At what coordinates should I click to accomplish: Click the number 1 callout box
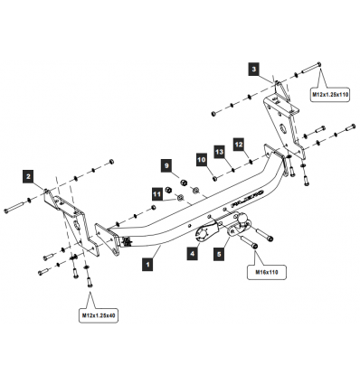pos(147,266)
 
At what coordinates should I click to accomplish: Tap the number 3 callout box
pos(254,69)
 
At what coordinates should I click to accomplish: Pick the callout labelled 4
pos(192,255)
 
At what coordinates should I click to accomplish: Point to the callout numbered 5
pos(218,255)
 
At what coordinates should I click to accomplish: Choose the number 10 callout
pos(202,159)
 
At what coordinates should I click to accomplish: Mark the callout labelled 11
pos(156,192)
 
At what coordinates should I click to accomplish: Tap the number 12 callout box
pos(239,144)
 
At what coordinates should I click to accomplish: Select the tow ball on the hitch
pos(247,230)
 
